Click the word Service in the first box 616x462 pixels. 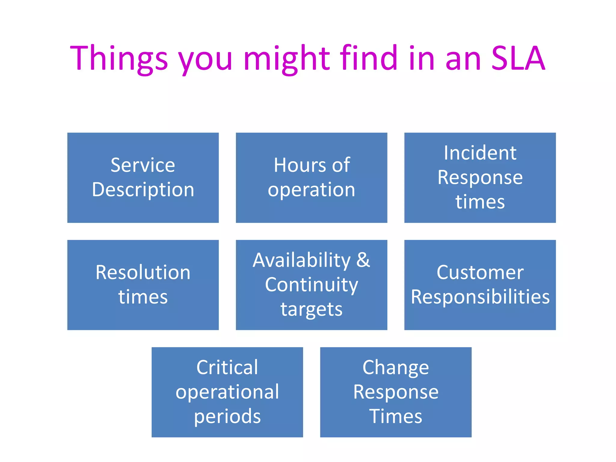click(143, 165)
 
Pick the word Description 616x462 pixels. click(143, 190)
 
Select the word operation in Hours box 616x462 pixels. click(311, 190)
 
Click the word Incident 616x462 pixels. click(480, 153)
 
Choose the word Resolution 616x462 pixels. click(143, 273)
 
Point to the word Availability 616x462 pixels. click(302, 260)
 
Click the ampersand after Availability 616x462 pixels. click(363, 260)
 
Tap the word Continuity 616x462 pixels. click(311, 285)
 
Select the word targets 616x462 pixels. click(311, 309)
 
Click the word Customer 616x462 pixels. click(480, 273)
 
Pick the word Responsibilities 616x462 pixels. click(480, 297)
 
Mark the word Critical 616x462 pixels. click(227, 368)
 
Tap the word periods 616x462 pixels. click(227, 417)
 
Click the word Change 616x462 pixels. click(396, 368)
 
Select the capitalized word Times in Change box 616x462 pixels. click(396, 417)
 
